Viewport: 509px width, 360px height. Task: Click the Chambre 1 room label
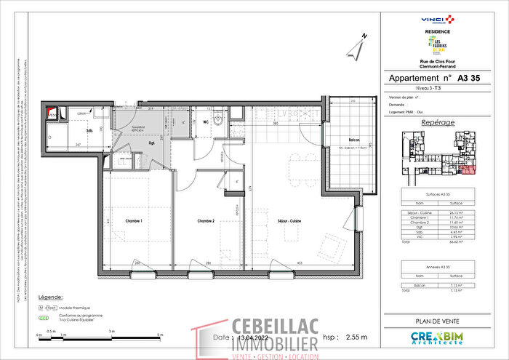(x=132, y=220)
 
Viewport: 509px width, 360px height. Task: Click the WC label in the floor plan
(x=207, y=122)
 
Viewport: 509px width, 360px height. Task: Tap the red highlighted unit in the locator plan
(x=465, y=169)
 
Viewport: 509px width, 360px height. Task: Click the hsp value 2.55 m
(x=356, y=337)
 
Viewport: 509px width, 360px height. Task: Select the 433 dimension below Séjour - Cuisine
(x=300, y=263)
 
